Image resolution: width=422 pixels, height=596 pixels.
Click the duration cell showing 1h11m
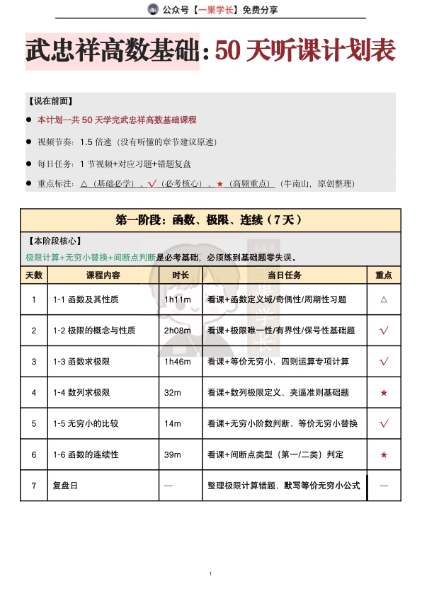pyautogui.click(x=176, y=299)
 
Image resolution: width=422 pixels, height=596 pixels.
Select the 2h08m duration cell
pyautogui.click(x=177, y=331)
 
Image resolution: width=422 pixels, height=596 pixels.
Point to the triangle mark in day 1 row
pyautogui.click(x=384, y=299)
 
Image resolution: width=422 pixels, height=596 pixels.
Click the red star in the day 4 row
pyautogui.click(x=384, y=393)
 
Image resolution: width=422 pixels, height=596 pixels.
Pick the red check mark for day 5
pyautogui.click(x=384, y=424)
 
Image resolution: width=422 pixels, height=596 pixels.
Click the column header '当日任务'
pyautogui.click(x=285, y=275)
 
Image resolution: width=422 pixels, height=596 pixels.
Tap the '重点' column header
pyautogui.click(x=384, y=275)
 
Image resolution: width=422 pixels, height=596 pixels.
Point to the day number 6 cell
pyautogui.click(x=34, y=454)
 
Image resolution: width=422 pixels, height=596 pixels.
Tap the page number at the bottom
pyautogui.click(x=211, y=573)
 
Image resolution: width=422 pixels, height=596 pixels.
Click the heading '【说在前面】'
pyautogui.click(x=50, y=101)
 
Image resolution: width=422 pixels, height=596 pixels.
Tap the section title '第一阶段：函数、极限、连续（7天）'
pyautogui.click(x=210, y=220)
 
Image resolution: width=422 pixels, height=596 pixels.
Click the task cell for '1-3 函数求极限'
pyautogui.click(x=278, y=362)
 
